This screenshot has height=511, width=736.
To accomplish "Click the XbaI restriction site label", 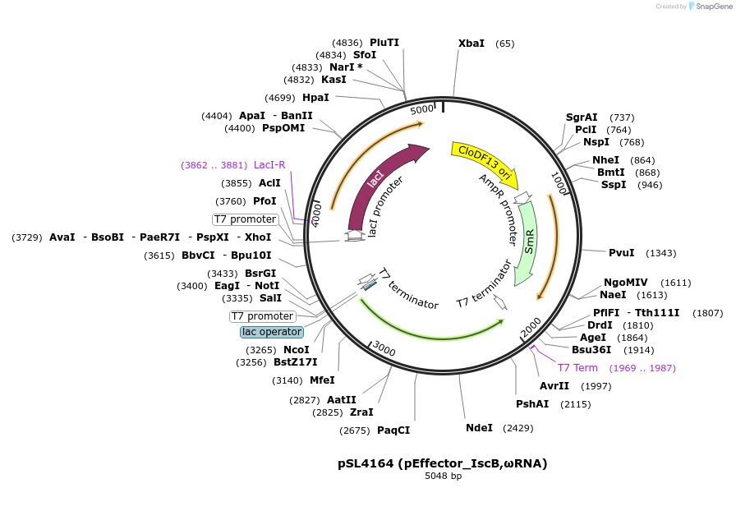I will (x=471, y=44).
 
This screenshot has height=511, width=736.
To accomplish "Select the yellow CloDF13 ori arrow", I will (x=484, y=162).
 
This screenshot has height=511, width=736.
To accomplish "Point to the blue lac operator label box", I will (x=272, y=332).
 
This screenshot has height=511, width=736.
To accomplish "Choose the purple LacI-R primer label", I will (x=269, y=164).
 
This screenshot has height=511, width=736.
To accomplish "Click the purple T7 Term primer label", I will (x=577, y=368).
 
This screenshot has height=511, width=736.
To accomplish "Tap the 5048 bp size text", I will (x=443, y=476).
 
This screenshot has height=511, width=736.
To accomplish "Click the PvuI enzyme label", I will (x=621, y=252).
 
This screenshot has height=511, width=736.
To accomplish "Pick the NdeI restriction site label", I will (x=479, y=427).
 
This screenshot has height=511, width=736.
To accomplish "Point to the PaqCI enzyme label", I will (x=393, y=430).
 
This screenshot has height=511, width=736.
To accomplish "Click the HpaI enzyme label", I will (x=315, y=97).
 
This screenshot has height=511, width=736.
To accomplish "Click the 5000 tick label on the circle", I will (x=421, y=109).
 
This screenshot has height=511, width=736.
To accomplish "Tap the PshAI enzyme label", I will (x=532, y=403).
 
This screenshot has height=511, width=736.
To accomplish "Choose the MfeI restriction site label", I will (x=322, y=380).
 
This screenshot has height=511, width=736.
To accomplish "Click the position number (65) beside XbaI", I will (x=505, y=44).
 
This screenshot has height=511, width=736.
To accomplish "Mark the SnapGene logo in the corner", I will (x=708, y=6).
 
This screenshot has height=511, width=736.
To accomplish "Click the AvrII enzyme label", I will (x=554, y=385).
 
